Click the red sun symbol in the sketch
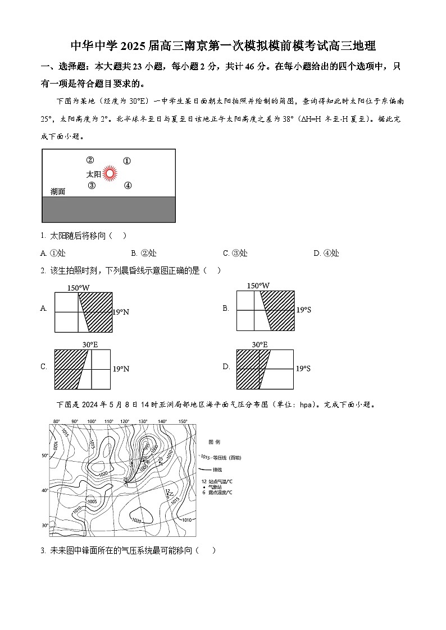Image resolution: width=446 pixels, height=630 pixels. tap(111, 174)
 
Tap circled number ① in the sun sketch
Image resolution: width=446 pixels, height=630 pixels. tap(127, 161)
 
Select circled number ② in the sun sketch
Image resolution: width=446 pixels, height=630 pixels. tap(89, 160)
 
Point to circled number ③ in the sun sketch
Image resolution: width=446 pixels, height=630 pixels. tap(92, 186)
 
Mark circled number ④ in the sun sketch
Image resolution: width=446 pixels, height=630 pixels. tap(128, 186)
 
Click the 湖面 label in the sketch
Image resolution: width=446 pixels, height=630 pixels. tap(57, 191)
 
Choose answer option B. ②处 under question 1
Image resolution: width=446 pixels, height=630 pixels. tap(143, 253)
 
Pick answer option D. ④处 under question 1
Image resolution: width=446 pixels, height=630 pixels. tap(326, 253)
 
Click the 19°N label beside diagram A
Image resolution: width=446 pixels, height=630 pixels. tap(121, 312)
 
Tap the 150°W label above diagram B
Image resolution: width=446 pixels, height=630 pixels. tap(258, 286)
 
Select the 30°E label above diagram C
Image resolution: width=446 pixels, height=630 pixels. tap(82, 344)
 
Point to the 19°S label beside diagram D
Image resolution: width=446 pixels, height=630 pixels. tap(303, 369)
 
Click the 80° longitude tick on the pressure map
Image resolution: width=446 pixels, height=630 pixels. tap(56, 421)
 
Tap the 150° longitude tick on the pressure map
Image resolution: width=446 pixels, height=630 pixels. tap(183, 421)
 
